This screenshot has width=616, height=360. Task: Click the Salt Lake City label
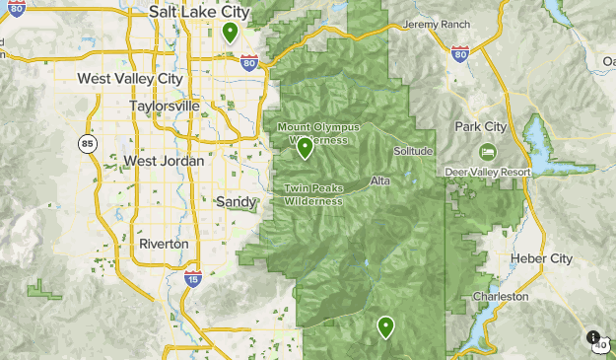pos(198,12)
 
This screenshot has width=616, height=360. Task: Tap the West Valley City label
pos(129,78)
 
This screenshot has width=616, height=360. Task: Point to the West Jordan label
pos(164,161)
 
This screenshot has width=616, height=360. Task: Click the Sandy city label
pos(236,201)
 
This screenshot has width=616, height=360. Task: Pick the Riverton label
pos(164,243)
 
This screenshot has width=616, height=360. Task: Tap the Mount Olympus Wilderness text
pos(318,133)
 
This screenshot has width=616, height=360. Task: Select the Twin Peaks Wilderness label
pos(313,194)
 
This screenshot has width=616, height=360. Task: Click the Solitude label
pos(413,151)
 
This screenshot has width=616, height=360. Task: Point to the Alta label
pos(381,180)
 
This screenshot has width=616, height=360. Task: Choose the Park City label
pos(481,127)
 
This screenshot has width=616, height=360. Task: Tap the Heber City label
pos(541,258)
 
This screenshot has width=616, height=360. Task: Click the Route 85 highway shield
pos(88,144)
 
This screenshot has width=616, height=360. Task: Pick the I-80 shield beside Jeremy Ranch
pos(460,54)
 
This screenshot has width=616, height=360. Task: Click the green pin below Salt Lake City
pos(230,33)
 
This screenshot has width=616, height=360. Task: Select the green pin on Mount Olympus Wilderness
pos(305,148)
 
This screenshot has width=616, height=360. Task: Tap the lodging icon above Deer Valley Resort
pos(487,153)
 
